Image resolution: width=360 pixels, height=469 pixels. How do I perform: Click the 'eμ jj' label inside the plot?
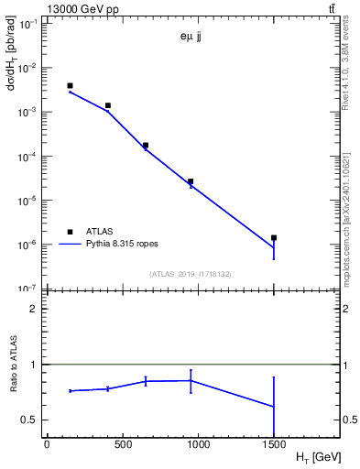192,38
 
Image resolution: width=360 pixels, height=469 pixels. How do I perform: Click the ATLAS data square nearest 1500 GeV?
273,237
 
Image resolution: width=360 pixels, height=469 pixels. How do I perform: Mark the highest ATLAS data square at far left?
70,85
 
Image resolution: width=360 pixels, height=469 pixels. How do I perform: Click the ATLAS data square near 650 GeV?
146,145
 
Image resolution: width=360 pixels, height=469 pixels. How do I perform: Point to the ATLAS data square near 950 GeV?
191,181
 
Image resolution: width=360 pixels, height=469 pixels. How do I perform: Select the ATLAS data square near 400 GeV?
107,105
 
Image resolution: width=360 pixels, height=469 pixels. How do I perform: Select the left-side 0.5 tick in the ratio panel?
29,420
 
